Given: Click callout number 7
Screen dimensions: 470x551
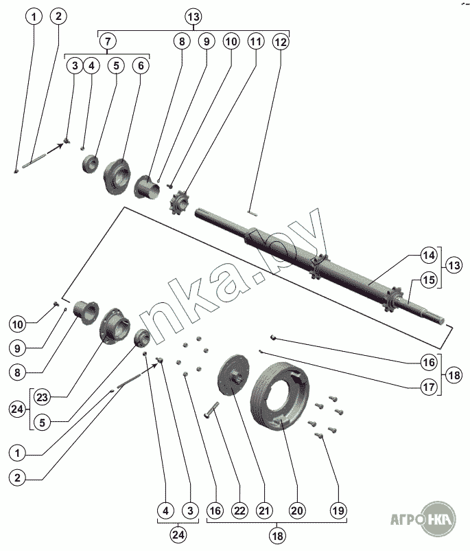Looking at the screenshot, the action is click(x=108, y=41).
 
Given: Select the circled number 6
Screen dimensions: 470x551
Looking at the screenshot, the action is click(x=141, y=65).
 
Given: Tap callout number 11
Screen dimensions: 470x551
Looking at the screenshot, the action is click(x=256, y=41).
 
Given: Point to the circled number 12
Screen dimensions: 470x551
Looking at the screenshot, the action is click(x=281, y=42).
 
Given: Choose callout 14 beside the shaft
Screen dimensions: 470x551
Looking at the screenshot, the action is click(x=429, y=255).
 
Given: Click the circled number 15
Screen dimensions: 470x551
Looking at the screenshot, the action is click(x=429, y=280).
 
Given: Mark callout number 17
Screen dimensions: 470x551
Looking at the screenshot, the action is click(x=429, y=387).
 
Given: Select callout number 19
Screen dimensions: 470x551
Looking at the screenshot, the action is click(x=338, y=510).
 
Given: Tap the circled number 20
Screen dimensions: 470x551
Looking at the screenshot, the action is click(x=297, y=510).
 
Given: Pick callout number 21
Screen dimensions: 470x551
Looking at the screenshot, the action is click(x=264, y=510).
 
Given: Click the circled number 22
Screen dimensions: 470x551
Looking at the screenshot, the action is click(x=239, y=510).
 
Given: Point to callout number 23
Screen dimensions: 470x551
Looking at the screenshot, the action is click(x=42, y=397).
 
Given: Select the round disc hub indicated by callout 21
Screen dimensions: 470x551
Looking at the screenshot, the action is click(x=233, y=376).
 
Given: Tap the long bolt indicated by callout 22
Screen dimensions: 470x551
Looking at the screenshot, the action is click(x=211, y=410).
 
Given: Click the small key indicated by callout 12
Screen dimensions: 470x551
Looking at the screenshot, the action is click(x=252, y=213).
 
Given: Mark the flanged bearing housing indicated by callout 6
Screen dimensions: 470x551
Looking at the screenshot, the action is click(x=117, y=176).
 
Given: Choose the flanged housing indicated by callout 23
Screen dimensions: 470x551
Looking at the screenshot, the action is click(x=115, y=326).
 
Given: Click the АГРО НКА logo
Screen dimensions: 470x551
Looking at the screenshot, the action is click(x=423, y=519).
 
